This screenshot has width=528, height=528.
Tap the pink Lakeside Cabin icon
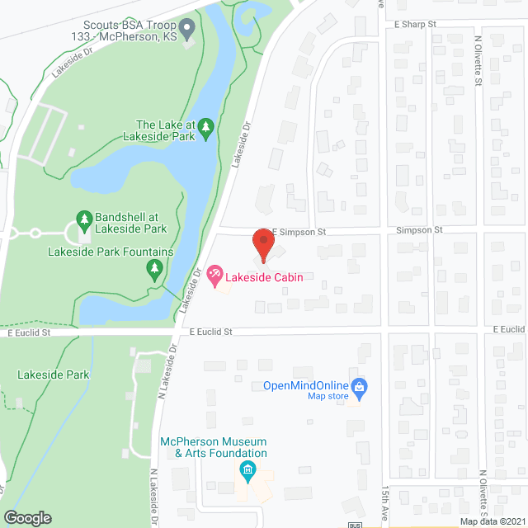(x=214, y=273)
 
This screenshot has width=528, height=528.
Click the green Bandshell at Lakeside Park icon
(x=83, y=219)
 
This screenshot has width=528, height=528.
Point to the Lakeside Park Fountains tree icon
(x=154, y=268)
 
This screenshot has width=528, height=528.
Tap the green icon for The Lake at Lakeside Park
(x=206, y=127)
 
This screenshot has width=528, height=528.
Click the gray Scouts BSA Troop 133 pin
(x=187, y=33)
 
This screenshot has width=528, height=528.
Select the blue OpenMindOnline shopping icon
(x=359, y=385)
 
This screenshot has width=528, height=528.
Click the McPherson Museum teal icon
(x=246, y=471)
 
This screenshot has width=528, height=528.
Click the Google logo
(x=28, y=517)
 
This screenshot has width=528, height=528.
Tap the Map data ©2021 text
(x=491, y=521)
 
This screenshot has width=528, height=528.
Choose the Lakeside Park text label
(x=53, y=375)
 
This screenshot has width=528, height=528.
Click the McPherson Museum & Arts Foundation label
(x=213, y=446)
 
